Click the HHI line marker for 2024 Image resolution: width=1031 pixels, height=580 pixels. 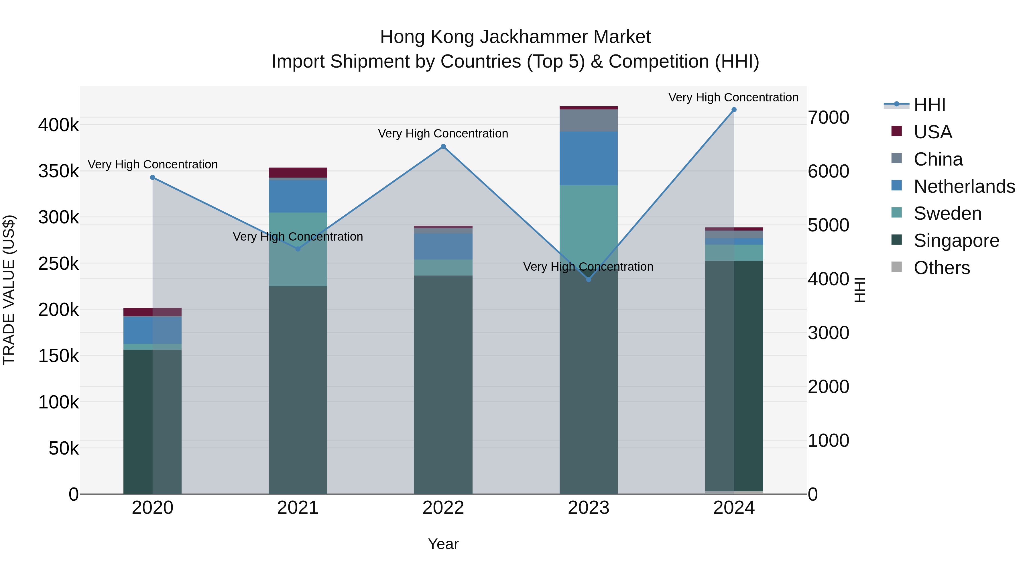734,110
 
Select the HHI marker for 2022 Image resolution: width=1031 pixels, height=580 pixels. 443,146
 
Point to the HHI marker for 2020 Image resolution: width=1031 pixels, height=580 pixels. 152,177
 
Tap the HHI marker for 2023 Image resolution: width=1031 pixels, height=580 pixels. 588,279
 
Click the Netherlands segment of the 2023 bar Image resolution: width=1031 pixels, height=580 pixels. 588,158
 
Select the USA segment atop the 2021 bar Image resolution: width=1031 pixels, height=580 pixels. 298,172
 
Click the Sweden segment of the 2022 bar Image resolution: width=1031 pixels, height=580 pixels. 443,268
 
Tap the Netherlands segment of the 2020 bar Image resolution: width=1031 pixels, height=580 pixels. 152,330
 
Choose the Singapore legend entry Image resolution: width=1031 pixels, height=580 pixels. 956,241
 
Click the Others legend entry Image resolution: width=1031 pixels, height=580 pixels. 941,268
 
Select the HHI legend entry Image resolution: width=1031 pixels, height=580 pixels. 929,105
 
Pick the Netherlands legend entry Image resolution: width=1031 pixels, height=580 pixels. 964,186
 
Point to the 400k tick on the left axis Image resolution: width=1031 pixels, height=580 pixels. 58,125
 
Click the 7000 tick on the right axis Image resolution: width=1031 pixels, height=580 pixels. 828,118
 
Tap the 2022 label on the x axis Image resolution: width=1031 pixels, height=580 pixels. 443,508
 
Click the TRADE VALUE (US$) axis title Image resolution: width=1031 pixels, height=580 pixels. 9,290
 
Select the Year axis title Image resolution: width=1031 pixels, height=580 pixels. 443,544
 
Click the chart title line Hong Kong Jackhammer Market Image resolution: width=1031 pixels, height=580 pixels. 515,37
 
